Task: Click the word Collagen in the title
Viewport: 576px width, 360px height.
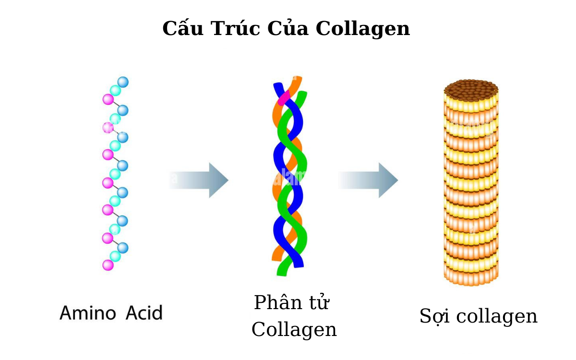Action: click(363, 29)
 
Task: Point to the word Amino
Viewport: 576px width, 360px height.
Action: click(88, 313)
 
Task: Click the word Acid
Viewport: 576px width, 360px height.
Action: click(144, 313)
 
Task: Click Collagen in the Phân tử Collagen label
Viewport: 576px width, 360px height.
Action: click(294, 330)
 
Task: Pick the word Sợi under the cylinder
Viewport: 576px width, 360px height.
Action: click(435, 317)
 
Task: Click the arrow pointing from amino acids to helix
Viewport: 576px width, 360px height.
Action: click(199, 180)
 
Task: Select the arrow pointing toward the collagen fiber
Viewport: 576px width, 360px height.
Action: click(369, 180)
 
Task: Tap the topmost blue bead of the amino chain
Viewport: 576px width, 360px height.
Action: click(123, 82)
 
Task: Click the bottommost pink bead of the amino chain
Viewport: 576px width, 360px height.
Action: click(108, 265)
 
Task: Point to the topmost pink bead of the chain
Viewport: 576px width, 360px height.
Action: click(108, 99)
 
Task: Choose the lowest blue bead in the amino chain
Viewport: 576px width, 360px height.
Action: click(123, 248)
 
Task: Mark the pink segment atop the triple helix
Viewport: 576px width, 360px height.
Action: click(284, 97)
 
